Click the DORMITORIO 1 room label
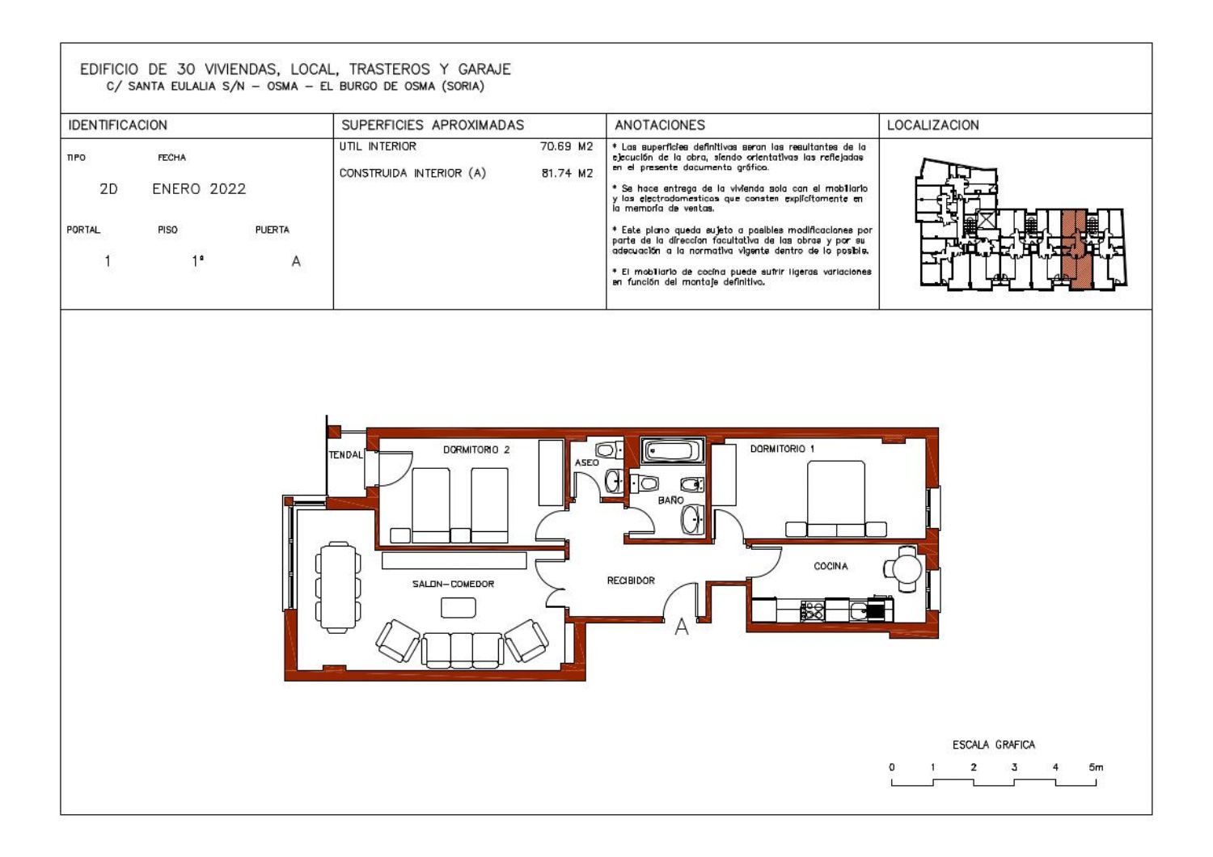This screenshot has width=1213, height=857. pyautogui.click(x=781, y=449)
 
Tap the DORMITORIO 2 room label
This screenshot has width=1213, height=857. pyautogui.click(x=476, y=450)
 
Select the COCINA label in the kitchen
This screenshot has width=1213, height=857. pyautogui.click(x=831, y=566)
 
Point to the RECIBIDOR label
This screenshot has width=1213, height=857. pyautogui.click(x=630, y=580)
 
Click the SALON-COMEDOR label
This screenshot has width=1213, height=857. pyautogui.click(x=453, y=584)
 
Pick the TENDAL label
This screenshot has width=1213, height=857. pyautogui.click(x=345, y=454)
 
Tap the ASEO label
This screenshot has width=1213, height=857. pyautogui.click(x=586, y=462)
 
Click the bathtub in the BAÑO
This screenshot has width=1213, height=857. pyautogui.click(x=673, y=450)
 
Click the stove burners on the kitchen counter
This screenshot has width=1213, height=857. pyautogui.click(x=812, y=610)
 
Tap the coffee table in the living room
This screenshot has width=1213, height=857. pyautogui.click(x=459, y=607)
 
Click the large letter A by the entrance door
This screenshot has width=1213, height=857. pyautogui.click(x=681, y=627)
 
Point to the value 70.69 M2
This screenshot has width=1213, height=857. pyautogui.click(x=566, y=146)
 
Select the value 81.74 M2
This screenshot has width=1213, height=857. pyautogui.click(x=567, y=173)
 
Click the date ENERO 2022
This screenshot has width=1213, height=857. pyautogui.click(x=199, y=189)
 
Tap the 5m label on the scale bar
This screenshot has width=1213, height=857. pyautogui.click(x=1096, y=767)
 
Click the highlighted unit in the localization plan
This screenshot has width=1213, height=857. pyautogui.click(x=1075, y=249)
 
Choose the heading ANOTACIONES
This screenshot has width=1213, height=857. pyautogui.click(x=659, y=125)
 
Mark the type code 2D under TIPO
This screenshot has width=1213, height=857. pyautogui.click(x=108, y=189)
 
